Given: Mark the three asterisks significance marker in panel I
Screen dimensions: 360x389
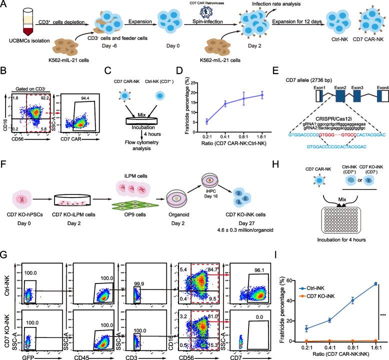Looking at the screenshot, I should pyautogui.click(x=382, y=315).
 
